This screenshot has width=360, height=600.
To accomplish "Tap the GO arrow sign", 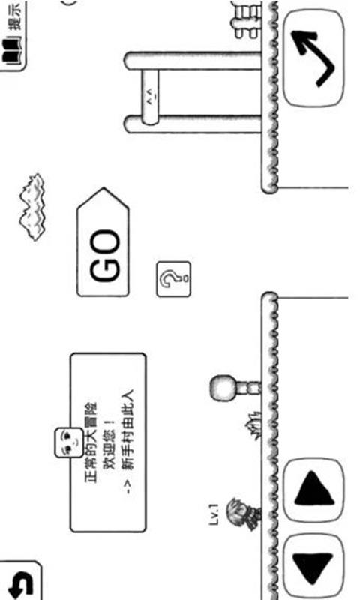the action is [103, 242].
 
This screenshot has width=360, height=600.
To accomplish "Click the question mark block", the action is [173, 279].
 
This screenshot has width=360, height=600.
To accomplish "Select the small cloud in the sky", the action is [32, 207].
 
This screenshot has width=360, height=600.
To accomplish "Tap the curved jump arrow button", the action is [313, 58].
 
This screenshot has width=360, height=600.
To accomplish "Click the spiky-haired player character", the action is [243, 514].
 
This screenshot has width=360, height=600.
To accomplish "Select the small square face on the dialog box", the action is [69, 442].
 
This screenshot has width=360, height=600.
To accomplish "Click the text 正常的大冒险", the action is [91, 442].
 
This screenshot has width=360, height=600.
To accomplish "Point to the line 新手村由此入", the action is [127, 429].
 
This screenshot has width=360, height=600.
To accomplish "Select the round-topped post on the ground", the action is [234, 387].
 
